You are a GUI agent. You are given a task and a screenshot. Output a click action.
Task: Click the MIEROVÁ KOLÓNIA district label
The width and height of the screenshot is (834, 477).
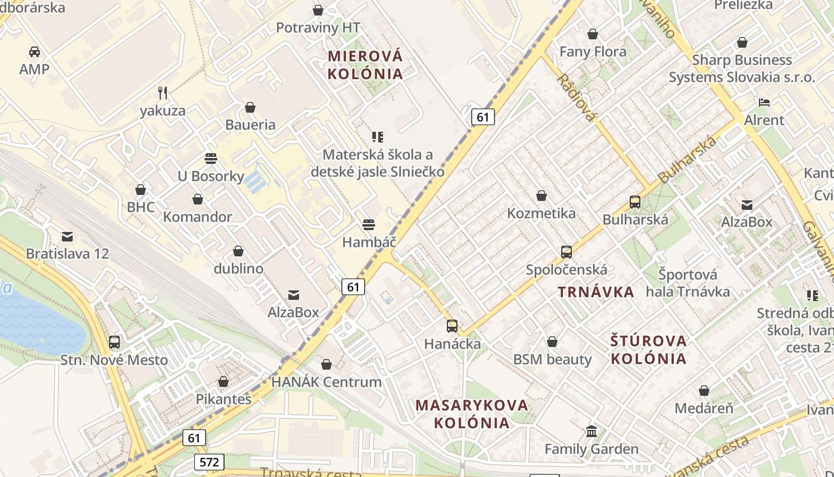tap(365, 65)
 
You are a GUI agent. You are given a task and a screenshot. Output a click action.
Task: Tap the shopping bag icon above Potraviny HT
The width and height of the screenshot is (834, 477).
tap(318, 10)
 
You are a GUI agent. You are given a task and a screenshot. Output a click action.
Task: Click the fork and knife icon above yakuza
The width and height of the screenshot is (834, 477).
tap(163, 92)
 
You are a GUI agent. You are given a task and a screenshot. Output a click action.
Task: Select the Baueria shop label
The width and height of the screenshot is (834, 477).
tap(250, 125)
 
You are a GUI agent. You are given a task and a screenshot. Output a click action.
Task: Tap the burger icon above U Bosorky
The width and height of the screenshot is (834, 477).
tap(210, 159)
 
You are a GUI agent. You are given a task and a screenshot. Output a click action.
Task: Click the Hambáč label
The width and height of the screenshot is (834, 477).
tap(369, 242)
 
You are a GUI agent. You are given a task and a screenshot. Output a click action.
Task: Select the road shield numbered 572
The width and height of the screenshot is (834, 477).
tap(209, 461)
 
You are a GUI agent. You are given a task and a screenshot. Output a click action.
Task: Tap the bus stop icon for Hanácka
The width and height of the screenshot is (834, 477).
tap(452, 326)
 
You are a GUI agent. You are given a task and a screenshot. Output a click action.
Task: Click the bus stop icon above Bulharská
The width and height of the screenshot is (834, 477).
tap(635, 202)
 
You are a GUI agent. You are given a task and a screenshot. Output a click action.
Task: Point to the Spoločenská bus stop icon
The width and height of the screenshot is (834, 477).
tap(567, 252)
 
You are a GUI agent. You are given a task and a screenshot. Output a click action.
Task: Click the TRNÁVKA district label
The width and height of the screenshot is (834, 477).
tap(596, 292)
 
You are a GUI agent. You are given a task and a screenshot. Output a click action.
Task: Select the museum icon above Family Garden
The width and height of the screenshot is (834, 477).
tap(592, 431)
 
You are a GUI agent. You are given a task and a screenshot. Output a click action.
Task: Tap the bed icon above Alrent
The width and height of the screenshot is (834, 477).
tap(764, 103)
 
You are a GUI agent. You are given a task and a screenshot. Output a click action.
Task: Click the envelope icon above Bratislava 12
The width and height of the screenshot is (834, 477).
tap(67, 237)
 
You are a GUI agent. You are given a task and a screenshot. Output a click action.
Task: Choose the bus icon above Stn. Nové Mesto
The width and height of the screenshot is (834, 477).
tap(114, 343)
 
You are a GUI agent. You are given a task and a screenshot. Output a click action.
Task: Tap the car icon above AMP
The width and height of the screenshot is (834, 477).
tap(35, 52)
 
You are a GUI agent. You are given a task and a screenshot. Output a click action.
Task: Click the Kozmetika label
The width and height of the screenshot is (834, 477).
tap(542, 213)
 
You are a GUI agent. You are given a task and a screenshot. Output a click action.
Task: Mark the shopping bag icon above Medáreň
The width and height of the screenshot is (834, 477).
tap(704, 391)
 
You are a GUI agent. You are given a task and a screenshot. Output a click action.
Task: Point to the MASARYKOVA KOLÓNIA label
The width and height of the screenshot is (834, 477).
tap(472, 414)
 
